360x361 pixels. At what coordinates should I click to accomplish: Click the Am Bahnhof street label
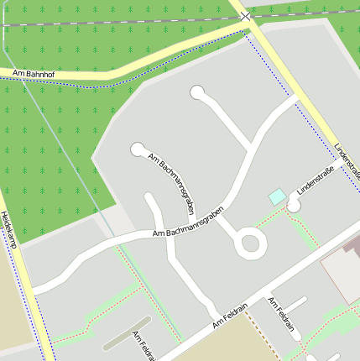[x=31, y=75]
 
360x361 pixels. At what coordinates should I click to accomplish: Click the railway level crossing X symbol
[x=245, y=16]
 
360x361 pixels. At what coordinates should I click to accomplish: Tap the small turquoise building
[x=276, y=196]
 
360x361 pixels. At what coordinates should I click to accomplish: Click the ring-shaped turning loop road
[x=250, y=243]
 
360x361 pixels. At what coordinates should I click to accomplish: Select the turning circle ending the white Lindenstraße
[x=293, y=204]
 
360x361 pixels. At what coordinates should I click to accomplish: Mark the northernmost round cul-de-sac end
[x=197, y=92]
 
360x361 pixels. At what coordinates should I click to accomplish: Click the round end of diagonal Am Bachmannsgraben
[x=138, y=149]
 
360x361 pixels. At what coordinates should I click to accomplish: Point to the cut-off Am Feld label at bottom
[x=142, y=344]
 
